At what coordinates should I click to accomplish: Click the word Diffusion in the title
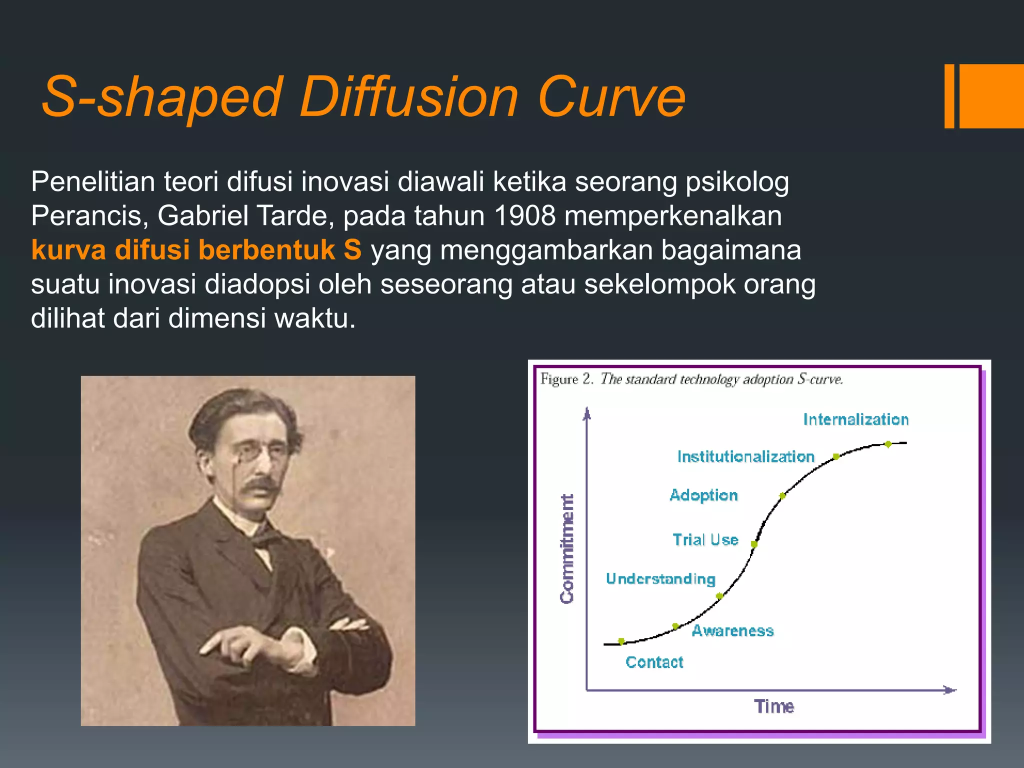point(408,96)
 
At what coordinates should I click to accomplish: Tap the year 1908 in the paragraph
point(524,216)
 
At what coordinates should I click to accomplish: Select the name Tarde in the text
point(291,216)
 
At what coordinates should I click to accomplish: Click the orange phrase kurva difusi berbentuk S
point(196,250)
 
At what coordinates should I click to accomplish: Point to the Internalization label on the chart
point(855,419)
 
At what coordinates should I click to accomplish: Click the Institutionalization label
point(745,456)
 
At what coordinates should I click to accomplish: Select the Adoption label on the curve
point(703,495)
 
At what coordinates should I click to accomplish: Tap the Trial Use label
point(705,539)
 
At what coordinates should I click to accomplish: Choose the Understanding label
point(660,578)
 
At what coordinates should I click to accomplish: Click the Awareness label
point(732,630)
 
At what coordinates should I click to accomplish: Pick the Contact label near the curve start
point(654,662)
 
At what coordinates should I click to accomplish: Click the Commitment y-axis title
point(567,548)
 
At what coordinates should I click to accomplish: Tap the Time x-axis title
point(773,706)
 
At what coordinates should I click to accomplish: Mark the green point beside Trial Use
point(754,544)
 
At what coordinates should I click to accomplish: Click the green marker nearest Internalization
point(888,444)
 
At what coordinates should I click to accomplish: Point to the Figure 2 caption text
point(691,379)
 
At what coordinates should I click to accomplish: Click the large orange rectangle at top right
point(991,96)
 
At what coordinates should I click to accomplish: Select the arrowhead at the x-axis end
point(949,690)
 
